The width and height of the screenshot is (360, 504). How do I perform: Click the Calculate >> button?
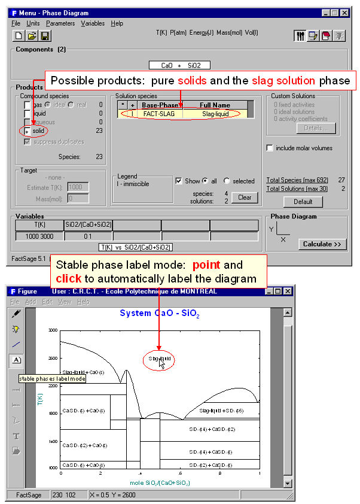[321, 244]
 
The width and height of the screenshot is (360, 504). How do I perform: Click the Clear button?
[245, 198]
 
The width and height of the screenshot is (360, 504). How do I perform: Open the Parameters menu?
[60, 23]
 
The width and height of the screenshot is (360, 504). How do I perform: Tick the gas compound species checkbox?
[27, 105]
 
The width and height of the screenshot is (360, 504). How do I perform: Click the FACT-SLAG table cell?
[158, 113]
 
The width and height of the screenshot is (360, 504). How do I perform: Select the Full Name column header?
[215, 105]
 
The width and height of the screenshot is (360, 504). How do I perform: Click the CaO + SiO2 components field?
[179, 65]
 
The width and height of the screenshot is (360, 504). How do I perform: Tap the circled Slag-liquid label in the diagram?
[158, 359]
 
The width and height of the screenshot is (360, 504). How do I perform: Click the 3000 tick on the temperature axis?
[53, 330]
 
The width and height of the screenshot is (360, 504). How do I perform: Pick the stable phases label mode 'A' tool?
[16, 360]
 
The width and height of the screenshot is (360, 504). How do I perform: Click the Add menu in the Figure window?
[30, 302]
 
